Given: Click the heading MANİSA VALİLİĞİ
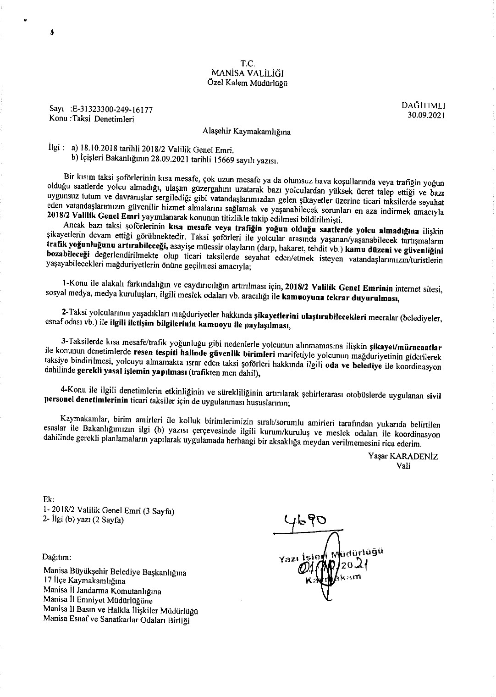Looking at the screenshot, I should [248, 73].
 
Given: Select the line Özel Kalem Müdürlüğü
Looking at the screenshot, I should [248, 83].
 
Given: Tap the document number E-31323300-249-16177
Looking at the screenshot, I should [112, 110].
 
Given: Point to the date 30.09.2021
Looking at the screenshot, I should [426, 115].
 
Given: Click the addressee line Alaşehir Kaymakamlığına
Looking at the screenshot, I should [247, 132].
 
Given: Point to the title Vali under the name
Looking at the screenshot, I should [403, 465].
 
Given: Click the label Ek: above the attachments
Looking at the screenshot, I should [48, 499].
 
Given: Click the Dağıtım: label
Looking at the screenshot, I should [57, 558].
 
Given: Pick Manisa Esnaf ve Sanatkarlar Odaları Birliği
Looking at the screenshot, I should [116, 620].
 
